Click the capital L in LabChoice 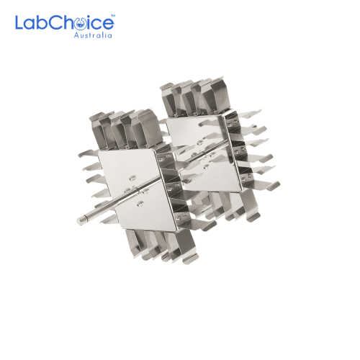(19, 22)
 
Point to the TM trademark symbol (113, 16)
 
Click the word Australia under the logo (93, 35)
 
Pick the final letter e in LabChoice (108, 24)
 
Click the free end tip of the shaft (79, 222)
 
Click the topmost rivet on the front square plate (132, 178)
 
